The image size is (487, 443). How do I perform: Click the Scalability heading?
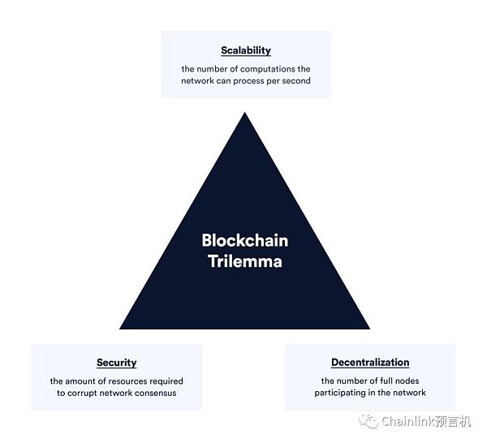246,50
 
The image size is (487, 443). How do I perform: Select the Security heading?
116,363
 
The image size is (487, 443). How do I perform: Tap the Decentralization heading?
370,363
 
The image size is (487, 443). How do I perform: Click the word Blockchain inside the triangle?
244,240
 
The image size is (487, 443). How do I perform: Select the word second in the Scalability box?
294,81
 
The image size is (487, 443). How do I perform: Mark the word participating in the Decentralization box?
344,394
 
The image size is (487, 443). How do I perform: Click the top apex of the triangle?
244,114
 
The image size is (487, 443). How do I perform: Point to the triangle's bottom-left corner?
121,328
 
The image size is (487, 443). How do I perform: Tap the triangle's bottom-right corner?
368,328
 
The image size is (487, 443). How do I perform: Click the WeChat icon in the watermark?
370,421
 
